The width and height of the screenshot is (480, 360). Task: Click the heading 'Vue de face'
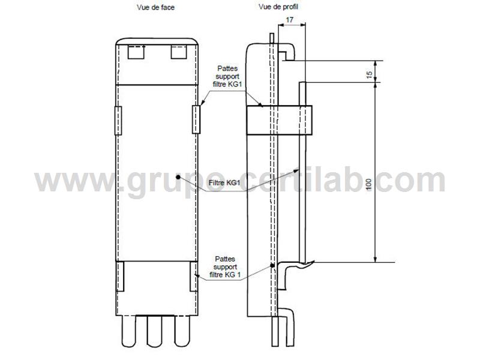tap(155, 7)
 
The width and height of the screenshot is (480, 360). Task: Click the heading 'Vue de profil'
tap(278, 7)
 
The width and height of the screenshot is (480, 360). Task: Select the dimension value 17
tap(289, 20)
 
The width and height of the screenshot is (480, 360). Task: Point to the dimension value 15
tap(369, 74)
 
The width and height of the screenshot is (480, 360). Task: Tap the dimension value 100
tap(368, 185)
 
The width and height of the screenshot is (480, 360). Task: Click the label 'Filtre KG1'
tap(224, 183)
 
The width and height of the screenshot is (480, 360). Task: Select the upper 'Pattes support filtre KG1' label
tap(227, 76)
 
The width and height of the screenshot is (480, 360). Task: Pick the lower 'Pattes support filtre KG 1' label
tap(225, 267)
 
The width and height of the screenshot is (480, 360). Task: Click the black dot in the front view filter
tap(178, 177)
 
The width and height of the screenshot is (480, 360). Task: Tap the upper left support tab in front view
tap(118, 121)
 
